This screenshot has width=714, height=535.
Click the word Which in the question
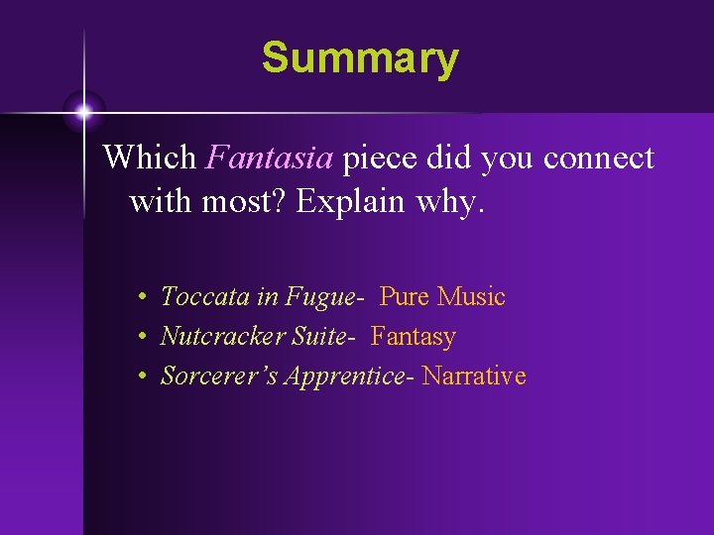pyautogui.click(x=151, y=158)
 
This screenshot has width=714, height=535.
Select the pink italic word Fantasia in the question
pyautogui.click(x=271, y=158)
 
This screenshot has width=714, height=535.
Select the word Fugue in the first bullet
pyautogui.click(x=319, y=296)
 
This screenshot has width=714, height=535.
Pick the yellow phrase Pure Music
pyautogui.click(x=442, y=296)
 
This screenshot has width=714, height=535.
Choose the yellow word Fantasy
pyautogui.click(x=414, y=337)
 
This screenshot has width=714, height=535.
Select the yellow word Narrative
pyautogui.click(x=474, y=376)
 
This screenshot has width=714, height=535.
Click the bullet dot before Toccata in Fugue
pyautogui.click(x=144, y=297)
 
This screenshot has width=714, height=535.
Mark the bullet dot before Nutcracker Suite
pyautogui.click(x=144, y=338)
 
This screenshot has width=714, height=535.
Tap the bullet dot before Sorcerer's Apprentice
pyautogui.click(x=144, y=377)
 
